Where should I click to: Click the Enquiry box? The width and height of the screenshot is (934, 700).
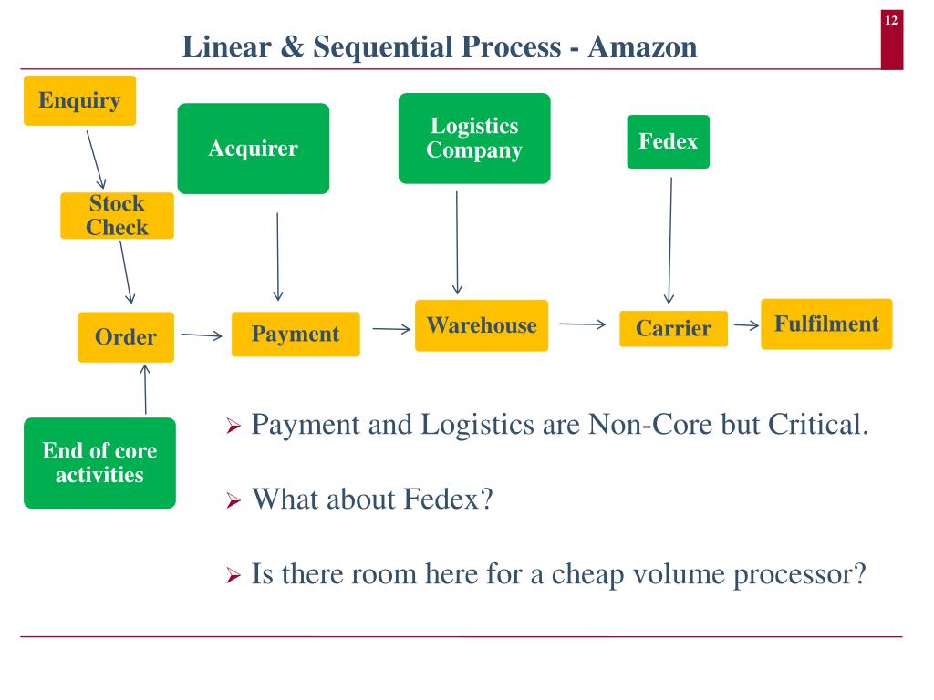[x=79, y=100]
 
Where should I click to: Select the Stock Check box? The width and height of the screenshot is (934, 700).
[x=117, y=216]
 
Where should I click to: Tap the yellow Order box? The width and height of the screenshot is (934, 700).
[x=126, y=337]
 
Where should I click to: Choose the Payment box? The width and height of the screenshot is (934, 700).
[x=296, y=335]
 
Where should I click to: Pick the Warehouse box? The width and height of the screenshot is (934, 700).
[x=482, y=325]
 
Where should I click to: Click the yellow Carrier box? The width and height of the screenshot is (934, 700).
[x=673, y=329]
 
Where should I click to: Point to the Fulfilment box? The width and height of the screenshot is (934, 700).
[x=826, y=324]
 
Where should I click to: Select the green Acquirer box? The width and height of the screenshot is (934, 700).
[x=253, y=149]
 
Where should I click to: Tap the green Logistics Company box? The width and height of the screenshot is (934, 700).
[x=474, y=139]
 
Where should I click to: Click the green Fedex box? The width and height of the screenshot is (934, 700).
[x=668, y=141]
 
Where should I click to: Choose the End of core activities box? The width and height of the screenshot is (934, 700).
[x=99, y=463]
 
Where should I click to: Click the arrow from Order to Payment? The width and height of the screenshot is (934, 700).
[x=202, y=335]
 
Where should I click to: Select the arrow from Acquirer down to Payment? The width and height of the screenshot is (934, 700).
[x=277, y=256]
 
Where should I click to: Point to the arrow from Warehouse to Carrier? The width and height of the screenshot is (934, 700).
[x=582, y=324]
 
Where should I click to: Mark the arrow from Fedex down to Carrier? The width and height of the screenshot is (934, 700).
[x=669, y=241]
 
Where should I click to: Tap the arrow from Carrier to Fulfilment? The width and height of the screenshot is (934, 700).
[x=746, y=325]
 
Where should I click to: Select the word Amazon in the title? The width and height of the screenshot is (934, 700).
[x=643, y=46]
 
